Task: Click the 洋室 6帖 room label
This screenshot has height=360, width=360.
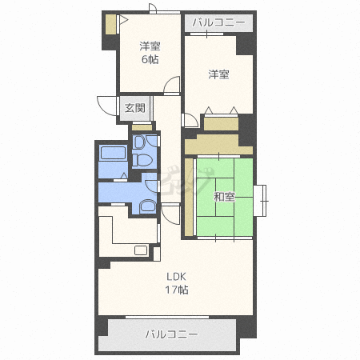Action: click(149, 52)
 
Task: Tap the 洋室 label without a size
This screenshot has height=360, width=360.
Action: click(218, 75)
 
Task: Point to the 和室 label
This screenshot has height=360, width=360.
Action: click(224, 197)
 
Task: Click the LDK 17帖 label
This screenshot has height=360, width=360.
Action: click(177, 284)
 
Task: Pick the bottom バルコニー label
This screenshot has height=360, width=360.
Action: click(171, 334)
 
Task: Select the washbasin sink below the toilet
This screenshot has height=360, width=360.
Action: click(148, 206)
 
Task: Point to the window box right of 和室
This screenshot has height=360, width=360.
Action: click(260, 199)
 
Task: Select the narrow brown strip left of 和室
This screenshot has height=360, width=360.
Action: click(188, 198)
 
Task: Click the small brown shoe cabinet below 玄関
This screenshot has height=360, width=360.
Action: click(141, 126)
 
